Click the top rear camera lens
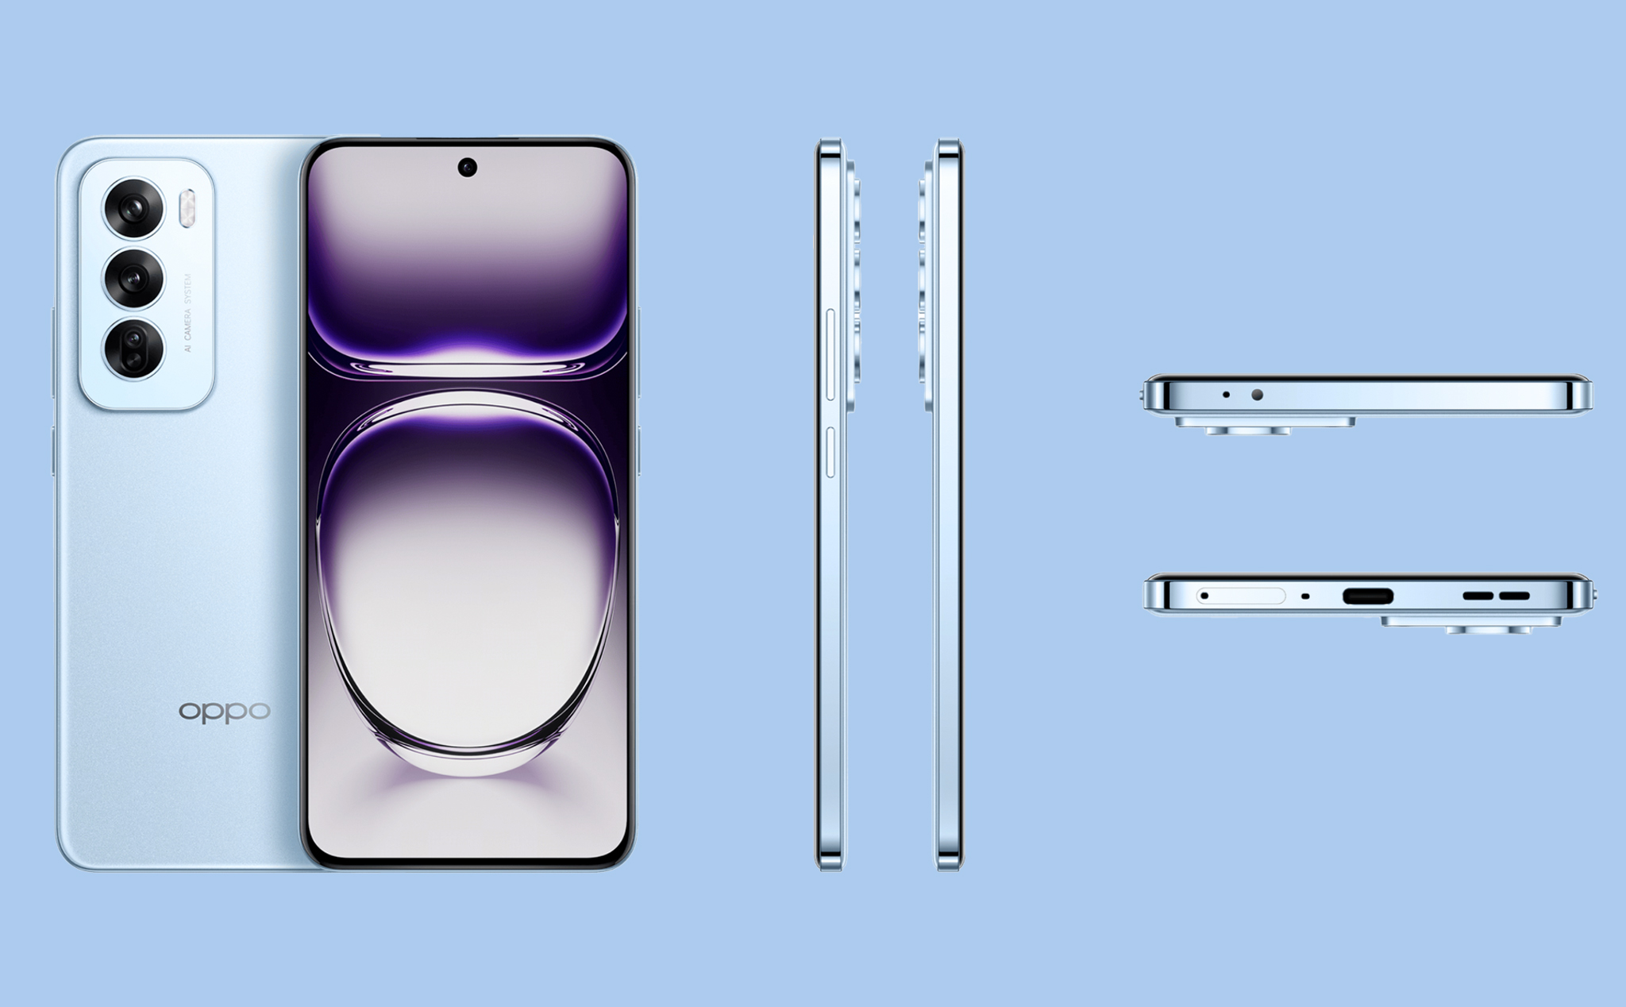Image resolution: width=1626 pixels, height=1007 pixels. [x=133, y=208]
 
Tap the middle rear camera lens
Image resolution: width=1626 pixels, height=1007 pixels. [x=133, y=278]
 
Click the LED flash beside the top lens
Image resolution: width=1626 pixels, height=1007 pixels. [x=187, y=208]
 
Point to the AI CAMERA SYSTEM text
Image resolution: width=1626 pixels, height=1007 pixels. [x=188, y=313]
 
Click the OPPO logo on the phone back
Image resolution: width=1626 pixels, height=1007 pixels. [x=225, y=711]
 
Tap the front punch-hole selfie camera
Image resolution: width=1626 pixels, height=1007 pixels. [x=468, y=168]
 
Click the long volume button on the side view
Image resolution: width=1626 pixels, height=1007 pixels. [x=831, y=354]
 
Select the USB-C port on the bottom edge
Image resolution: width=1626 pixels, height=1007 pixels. [x=1367, y=596]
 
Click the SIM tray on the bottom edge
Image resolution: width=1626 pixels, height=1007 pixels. [x=1241, y=596]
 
